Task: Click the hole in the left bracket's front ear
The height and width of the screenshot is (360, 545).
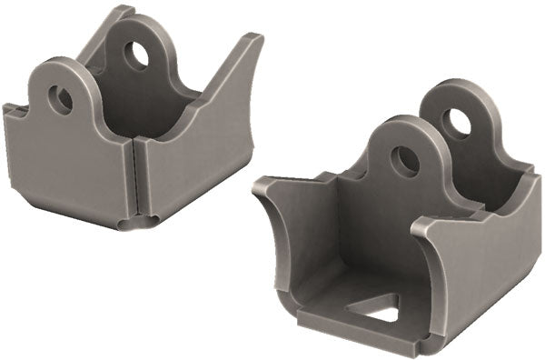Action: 61,98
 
